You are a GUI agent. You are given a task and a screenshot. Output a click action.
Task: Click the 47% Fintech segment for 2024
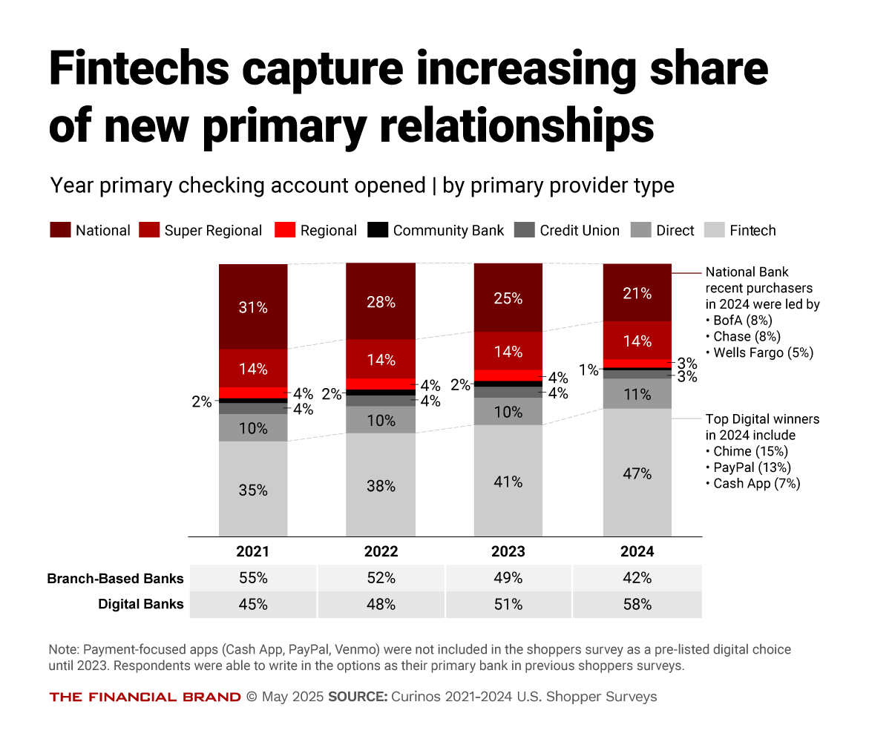coord(637,473)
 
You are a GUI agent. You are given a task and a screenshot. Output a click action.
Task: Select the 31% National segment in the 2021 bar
coord(253,306)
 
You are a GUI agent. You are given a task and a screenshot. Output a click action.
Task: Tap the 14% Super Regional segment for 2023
coord(508,351)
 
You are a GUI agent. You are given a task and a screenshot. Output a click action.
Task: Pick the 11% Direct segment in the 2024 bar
coord(637,394)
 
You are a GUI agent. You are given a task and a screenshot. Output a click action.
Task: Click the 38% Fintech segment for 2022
coord(381,485)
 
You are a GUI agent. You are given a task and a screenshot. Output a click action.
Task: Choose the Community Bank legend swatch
coord(378,230)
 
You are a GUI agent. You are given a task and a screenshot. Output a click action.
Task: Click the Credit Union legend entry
coord(568,231)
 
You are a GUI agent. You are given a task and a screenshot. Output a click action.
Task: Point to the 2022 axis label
coord(381,552)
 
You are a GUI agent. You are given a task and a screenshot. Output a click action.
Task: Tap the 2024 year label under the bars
coord(637,552)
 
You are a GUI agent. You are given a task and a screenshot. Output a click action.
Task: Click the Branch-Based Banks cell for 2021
coord(253,578)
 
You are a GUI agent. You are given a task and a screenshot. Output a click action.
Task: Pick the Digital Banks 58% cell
coord(637,605)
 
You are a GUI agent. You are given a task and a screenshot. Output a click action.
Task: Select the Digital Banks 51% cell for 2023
coord(508,605)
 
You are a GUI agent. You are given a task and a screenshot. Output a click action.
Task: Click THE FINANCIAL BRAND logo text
coord(145,697)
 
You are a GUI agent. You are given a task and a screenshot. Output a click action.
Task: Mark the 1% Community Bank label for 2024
coord(589,370)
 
